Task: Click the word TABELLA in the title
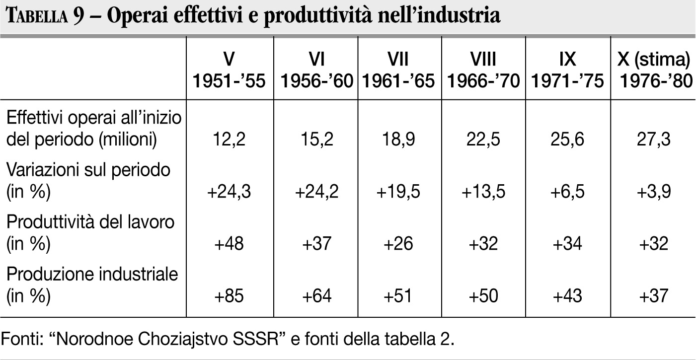click(x=35, y=16)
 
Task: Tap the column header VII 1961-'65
click(x=397, y=70)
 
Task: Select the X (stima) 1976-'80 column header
click(x=653, y=70)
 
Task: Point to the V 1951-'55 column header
click(x=229, y=70)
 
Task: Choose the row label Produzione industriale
click(x=92, y=285)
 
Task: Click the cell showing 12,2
click(x=229, y=140)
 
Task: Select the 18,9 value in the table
click(x=397, y=140)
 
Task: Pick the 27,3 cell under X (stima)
click(x=653, y=140)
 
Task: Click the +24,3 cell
click(x=229, y=192)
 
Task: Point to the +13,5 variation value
click(x=483, y=192)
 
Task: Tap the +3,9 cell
click(x=653, y=192)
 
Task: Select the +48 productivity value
click(x=229, y=244)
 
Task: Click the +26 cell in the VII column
click(x=397, y=244)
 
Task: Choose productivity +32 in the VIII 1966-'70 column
click(x=483, y=244)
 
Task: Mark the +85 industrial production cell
click(x=229, y=296)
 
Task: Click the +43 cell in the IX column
click(x=567, y=296)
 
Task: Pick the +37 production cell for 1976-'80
click(x=653, y=296)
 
